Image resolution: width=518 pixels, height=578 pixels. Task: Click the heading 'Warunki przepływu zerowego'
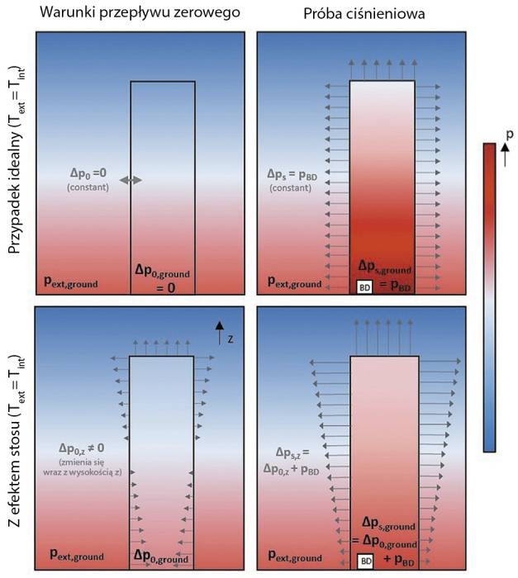(140, 12)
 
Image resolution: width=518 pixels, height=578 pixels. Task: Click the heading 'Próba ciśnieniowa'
(364, 14)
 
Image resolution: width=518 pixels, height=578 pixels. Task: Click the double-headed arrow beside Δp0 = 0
(131, 180)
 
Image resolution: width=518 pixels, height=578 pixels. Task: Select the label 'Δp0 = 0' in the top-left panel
(88, 173)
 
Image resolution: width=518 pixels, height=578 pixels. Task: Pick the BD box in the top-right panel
(364, 287)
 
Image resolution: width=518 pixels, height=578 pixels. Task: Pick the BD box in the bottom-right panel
(366, 561)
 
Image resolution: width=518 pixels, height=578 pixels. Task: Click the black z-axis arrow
(220, 333)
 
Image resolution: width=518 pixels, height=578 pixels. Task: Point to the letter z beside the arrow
(230, 339)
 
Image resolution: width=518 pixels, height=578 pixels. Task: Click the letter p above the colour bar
(510, 135)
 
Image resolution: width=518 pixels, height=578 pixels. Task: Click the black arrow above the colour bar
(505, 155)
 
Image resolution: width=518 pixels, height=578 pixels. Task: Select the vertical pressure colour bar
(489, 297)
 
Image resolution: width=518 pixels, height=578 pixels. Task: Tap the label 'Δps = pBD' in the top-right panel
(292, 175)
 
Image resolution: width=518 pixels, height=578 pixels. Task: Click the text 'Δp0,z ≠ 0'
(82, 448)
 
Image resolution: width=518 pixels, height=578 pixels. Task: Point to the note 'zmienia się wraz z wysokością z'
(83, 467)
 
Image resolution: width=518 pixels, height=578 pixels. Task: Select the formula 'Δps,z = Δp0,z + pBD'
(291, 462)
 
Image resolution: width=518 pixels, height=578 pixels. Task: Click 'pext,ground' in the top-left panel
(71, 282)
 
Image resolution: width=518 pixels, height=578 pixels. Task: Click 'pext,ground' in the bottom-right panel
(295, 557)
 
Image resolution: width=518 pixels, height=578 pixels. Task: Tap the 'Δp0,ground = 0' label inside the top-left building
(162, 279)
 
